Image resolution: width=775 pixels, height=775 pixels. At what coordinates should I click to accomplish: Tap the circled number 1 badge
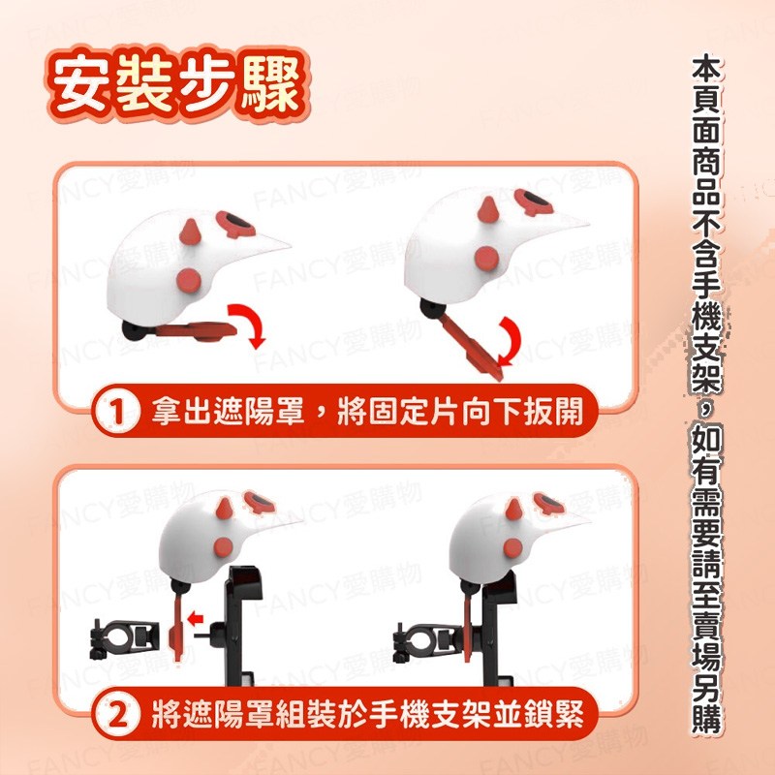tap(116, 412)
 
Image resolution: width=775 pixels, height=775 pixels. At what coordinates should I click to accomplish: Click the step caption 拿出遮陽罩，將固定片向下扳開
tap(368, 411)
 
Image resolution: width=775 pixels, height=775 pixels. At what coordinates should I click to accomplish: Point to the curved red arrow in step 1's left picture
tap(252, 324)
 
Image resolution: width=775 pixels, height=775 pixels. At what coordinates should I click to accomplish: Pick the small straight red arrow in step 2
tap(196, 617)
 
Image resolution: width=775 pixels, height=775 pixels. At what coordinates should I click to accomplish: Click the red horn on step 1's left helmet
tap(190, 232)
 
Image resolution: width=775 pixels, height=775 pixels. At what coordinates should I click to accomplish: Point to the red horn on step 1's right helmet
tap(488, 209)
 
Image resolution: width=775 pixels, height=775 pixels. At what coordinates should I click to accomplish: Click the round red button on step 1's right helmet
tap(487, 259)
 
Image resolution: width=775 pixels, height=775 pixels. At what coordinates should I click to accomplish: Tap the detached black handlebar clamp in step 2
tap(125, 638)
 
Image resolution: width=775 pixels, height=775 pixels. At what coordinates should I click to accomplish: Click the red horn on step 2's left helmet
tap(225, 509)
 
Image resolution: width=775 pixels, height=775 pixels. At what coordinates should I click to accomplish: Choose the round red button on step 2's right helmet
tap(513, 547)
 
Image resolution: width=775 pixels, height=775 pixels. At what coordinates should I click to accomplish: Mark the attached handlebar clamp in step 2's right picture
tap(427, 642)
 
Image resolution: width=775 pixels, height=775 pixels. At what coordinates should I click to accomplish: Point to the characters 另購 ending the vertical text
tap(707, 701)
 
